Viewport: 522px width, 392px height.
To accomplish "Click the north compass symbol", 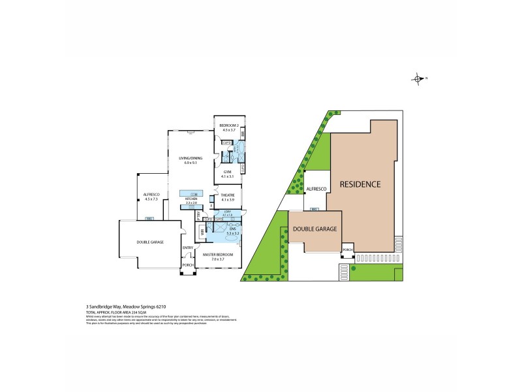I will [x=418, y=79].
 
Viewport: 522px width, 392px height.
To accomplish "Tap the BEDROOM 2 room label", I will [x=228, y=125].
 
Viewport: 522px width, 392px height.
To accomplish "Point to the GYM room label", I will [x=227, y=171].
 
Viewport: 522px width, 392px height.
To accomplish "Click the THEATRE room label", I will [x=228, y=195].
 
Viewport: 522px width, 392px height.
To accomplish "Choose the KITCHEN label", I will [x=191, y=199].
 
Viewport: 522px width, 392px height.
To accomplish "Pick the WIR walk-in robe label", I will [x=203, y=231].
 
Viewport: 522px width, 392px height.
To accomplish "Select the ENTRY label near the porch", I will [x=188, y=248].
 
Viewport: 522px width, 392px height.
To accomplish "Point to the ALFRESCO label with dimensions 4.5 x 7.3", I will [x=151, y=194].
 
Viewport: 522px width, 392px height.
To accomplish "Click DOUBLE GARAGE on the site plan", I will [x=315, y=229].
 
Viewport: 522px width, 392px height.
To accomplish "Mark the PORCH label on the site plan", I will [x=347, y=250].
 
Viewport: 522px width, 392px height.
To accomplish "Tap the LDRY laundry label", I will [x=227, y=212].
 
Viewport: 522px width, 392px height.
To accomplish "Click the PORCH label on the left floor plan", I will [x=188, y=265].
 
